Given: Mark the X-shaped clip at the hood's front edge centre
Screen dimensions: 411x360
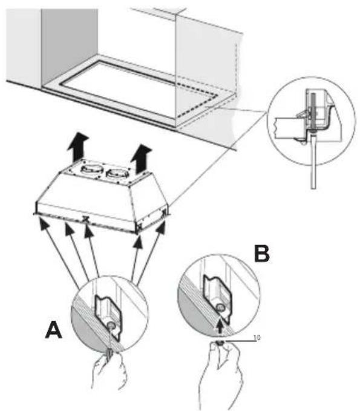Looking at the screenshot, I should [85, 219].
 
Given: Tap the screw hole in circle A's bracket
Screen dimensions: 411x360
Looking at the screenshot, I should [113, 325].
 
